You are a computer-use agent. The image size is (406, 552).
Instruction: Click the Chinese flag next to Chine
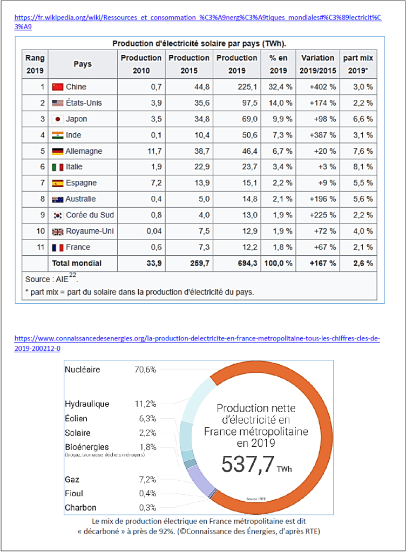click(x=58, y=87)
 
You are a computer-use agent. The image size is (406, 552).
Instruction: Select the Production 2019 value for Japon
click(x=236, y=119)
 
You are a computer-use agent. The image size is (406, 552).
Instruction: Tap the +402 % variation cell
click(x=323, y=87)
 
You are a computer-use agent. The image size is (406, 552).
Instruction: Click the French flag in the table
click(x=58, y=247)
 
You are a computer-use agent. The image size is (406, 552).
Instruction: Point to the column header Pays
click(x=83, y=64)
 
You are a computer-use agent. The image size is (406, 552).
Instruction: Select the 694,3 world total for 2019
click(x=236, y=263)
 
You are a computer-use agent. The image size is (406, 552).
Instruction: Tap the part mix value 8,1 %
click(x=362, y=167)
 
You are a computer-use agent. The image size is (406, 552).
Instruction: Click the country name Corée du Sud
click(x=90, y=215)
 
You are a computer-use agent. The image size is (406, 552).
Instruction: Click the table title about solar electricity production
click(x=199, y=43)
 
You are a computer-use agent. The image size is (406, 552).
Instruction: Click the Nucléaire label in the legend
click(x=82, y=370)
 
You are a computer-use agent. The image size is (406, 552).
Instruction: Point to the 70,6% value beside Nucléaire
click(x=145, y=370)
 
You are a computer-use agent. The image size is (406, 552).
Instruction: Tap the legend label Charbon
click(x=80, y=508)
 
